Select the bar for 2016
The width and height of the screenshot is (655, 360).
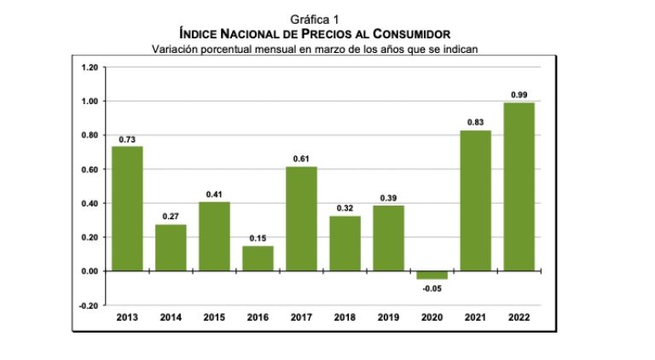coord(258,258)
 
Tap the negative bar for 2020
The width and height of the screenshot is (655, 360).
coord(432,275)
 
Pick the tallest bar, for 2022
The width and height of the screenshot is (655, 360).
coord(519,187)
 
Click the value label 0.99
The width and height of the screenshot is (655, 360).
coord(519,94)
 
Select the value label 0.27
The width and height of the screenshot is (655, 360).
coord(171,217)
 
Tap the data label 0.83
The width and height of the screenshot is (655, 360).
coord(475,122)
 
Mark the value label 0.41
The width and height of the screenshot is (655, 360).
coord(214,193)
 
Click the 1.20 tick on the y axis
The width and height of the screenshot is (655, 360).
coord(89,67)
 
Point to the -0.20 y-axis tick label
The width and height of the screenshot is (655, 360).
coord(87,305)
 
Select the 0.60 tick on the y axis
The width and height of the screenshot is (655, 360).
coord(89,169)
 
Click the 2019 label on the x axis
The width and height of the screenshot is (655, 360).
coord(388,318)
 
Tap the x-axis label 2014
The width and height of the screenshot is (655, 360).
coord(171,318)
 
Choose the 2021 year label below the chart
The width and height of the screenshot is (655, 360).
coord(475,318)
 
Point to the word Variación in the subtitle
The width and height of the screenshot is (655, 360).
coord(177,48)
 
